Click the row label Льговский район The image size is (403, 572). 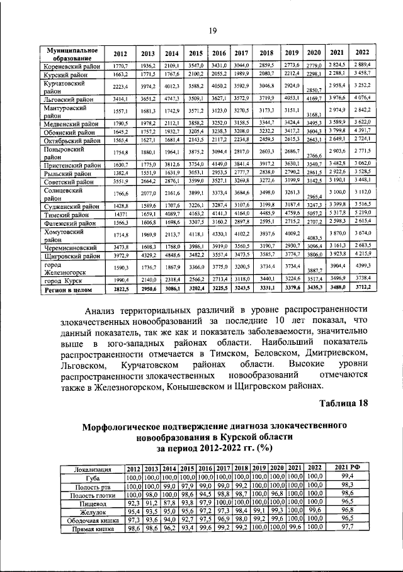[65, 98]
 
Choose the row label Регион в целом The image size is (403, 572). [66, 290]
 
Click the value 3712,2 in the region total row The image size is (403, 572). [362, 289]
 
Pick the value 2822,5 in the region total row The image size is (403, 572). [120, 290]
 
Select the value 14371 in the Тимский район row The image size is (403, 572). [120, 214]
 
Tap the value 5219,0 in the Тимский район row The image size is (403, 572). [362, 213]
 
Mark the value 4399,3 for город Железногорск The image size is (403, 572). [362, 267]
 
